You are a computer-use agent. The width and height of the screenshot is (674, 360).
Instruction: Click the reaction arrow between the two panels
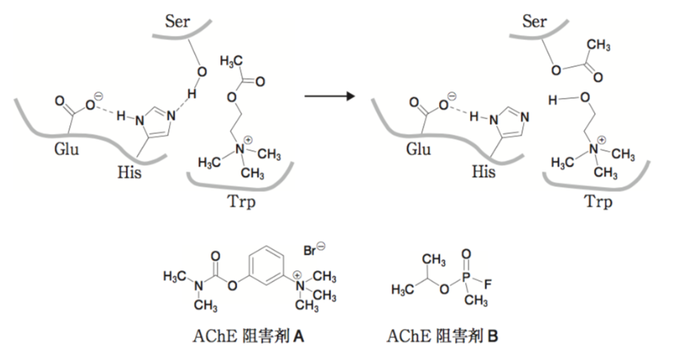tap(330, 96)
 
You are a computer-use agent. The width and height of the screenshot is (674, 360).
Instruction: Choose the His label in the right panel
tap(484, 172)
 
